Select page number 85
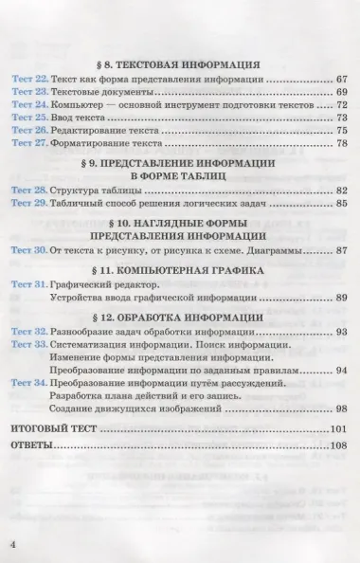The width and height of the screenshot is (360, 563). tap(343, 203)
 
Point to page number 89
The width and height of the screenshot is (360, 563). tap(343, 298)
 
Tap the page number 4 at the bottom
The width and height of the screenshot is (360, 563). tap(14, 542)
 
